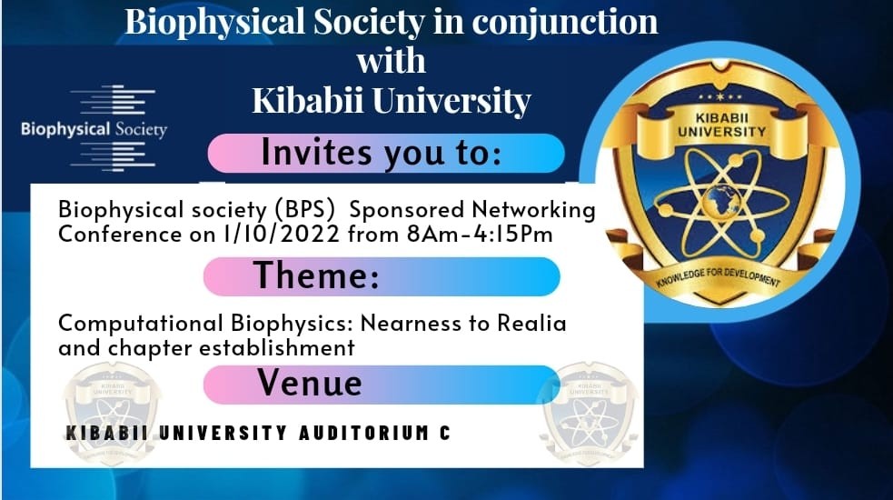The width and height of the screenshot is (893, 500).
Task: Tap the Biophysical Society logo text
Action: click(94, 129)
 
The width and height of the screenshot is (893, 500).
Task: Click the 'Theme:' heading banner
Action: click(382, 275)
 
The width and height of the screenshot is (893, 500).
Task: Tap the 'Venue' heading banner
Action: click(382, 384)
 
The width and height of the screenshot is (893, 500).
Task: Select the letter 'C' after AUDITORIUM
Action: click(444, 434)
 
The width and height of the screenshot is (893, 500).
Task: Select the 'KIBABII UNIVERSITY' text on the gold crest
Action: click(719, 125)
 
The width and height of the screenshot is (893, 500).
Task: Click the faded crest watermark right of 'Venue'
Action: click(590, 409)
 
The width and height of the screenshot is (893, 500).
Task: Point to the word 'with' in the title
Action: click(391, 61)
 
